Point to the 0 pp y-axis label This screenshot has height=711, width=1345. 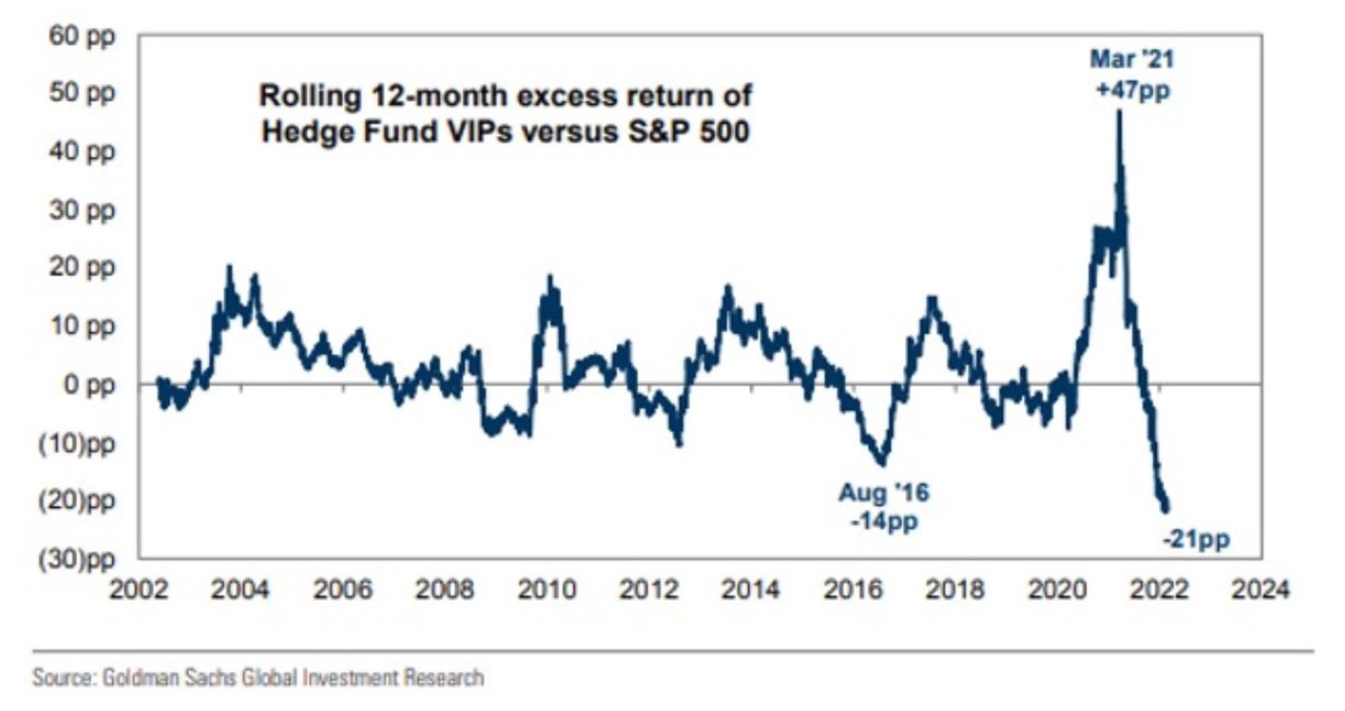coord(88,384)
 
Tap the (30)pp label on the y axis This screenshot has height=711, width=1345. coord(76,559)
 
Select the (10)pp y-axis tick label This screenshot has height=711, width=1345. coord(76,442)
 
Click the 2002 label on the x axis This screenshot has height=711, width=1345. coord(140,589)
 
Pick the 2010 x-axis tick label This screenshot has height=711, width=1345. coord(547,589)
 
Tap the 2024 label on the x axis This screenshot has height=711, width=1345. coord(1260,589)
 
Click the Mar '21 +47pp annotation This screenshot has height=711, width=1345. coord(1132,74)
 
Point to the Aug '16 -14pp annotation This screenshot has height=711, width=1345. coord(884,507)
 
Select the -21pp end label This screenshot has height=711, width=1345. coord(1196,540)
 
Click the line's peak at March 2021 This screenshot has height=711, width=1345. coord(1119,111)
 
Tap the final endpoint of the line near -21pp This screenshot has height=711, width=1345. coord(1165,510)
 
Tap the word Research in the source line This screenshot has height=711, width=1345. coord(443,677)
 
